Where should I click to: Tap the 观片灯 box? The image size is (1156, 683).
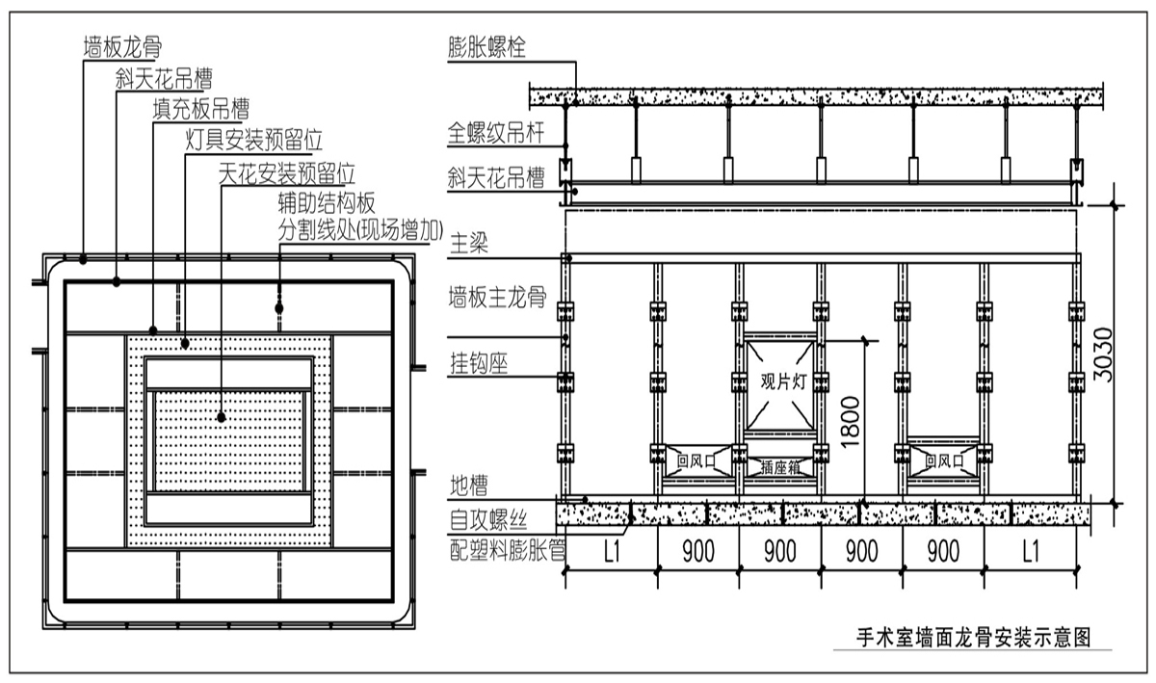pos(780,381)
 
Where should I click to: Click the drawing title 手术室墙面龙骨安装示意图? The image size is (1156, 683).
pos(973,637)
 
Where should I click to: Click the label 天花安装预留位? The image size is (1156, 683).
pos(286,174)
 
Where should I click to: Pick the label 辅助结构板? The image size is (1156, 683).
pos(325,202)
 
